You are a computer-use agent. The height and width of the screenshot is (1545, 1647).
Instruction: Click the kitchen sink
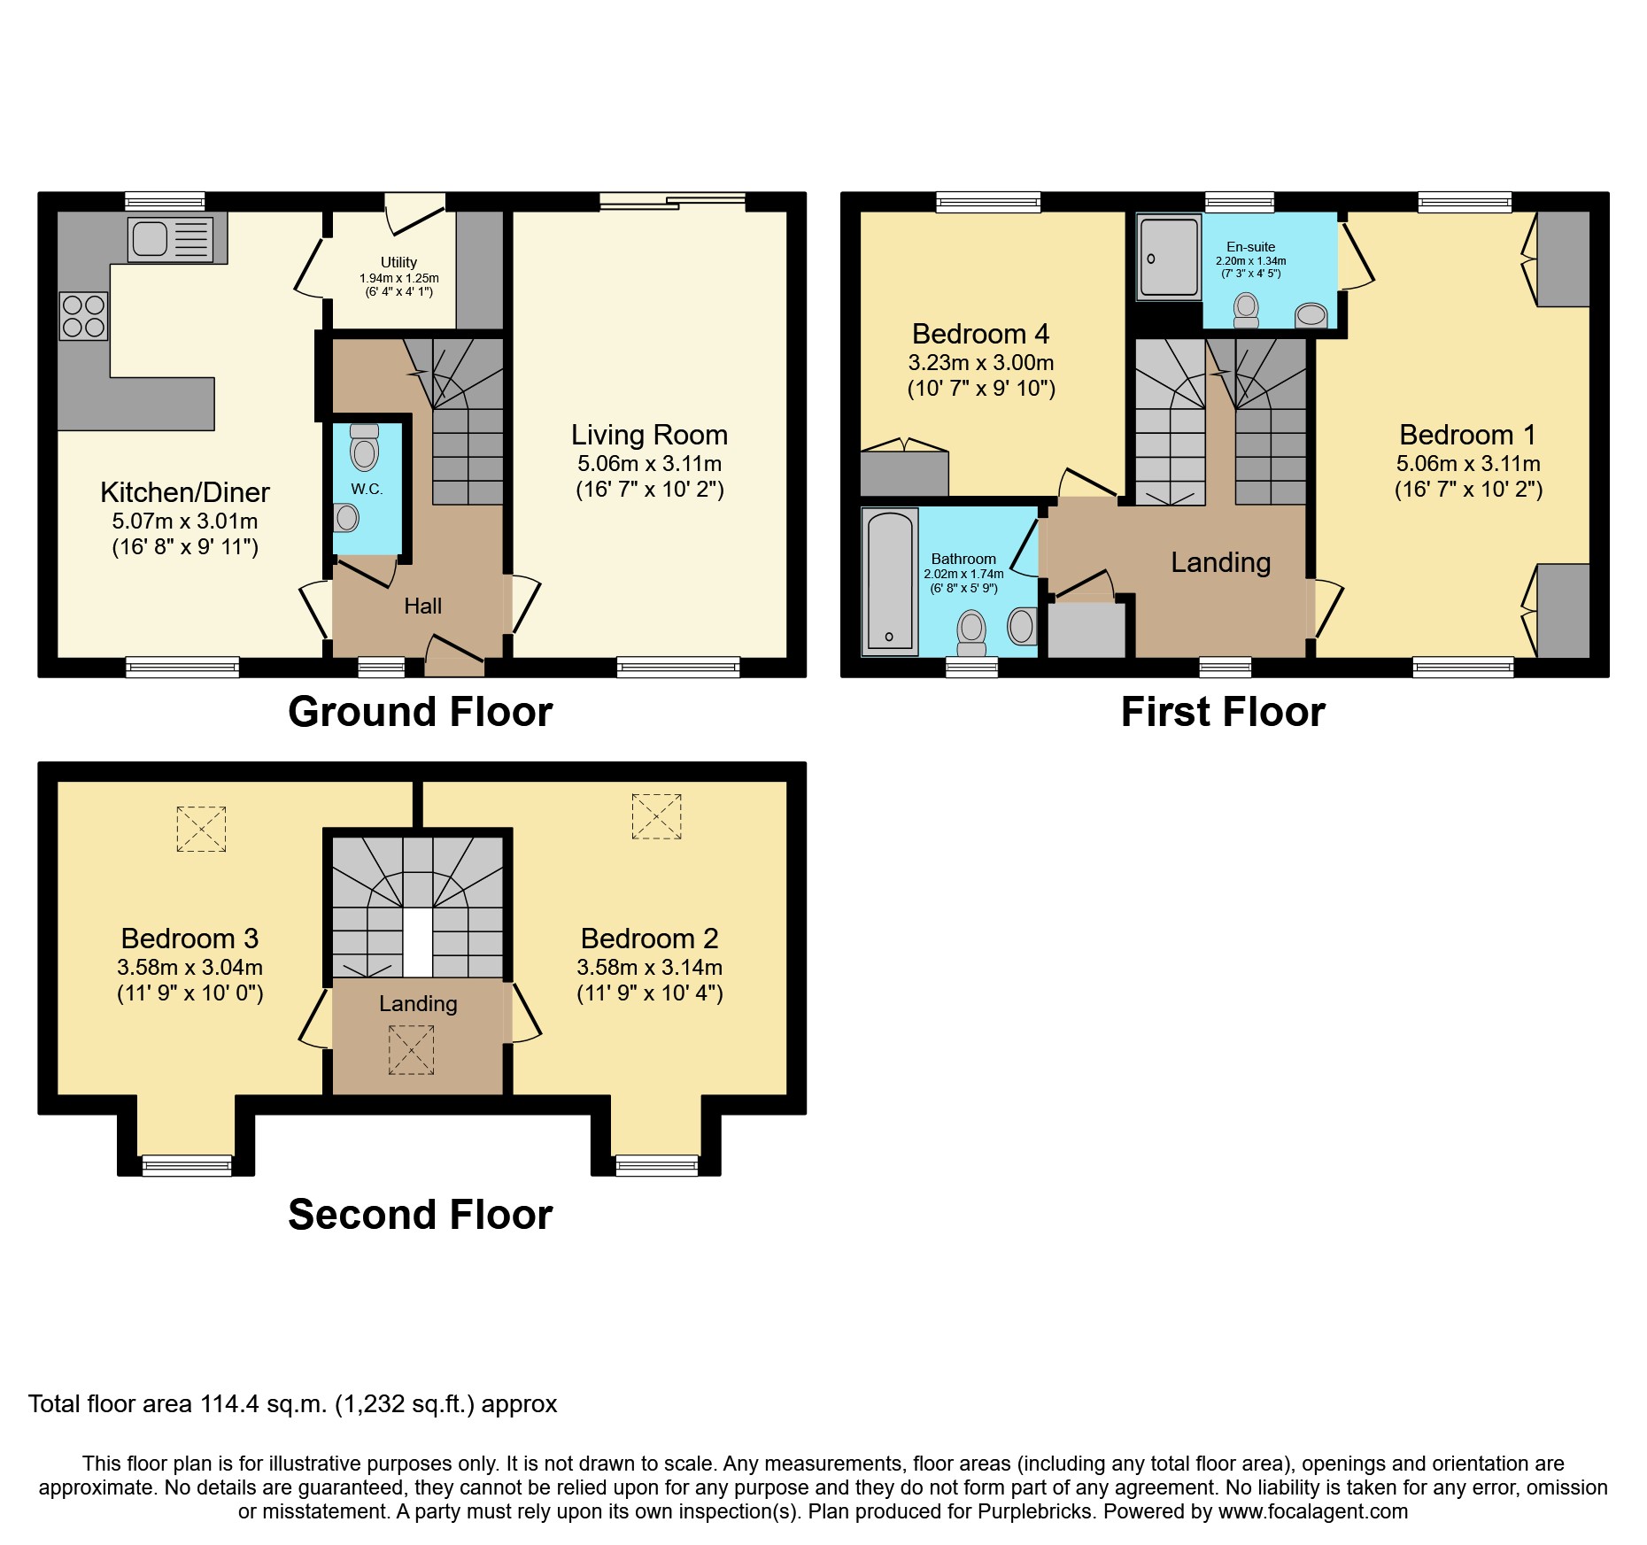click(171, 239)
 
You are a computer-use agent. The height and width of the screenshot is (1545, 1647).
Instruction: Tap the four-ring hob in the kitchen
click(83, 316)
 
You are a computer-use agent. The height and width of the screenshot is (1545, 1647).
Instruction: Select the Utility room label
click(398, 262)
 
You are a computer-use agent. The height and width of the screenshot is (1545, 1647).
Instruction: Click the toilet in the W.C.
click(364, 448)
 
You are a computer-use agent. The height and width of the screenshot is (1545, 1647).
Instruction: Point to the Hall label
click(422, 606)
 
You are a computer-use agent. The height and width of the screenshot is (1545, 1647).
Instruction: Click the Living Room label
click(649, 435)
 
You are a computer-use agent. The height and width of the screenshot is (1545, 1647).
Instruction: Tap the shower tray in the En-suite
click(1169, 256)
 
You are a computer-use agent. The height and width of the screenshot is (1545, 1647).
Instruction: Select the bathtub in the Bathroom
click(889, 582)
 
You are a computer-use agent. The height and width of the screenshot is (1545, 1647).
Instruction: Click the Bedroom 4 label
click(980, 334)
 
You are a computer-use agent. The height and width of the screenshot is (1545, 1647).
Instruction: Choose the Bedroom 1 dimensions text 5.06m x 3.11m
click(1468, 463)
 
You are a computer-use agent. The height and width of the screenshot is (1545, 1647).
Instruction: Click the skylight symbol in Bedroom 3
click(201, 829)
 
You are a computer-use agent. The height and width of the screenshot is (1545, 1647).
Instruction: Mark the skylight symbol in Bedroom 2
click(656, 816)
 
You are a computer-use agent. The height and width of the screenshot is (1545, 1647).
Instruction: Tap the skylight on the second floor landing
click(411, 1049)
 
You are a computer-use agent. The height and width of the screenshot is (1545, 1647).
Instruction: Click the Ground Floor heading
click(420, 712)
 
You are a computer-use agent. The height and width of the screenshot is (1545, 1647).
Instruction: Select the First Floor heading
click(1223, 712)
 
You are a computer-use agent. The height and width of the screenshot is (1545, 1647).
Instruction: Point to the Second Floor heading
click(420, 1214)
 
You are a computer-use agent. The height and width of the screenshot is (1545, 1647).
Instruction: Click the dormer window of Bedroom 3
click(187, 1165)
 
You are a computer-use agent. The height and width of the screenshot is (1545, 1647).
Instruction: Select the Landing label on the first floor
click(1220, 562)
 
